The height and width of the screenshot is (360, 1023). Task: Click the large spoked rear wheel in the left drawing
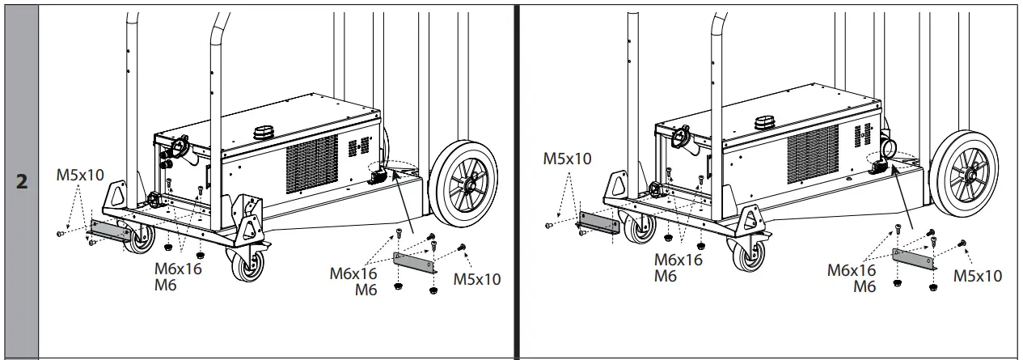pyautogui.click(x=463, y=185)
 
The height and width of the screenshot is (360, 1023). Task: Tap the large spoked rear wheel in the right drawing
pyautogui.click(x=966, y=177)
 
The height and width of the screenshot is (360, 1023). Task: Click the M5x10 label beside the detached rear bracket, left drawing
pyautogui.click(x=476, y=279)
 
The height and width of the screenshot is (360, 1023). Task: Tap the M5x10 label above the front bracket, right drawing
pyautogui.click(x=568, y=159)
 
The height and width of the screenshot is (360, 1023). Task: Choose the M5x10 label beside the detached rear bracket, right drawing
pyautogui.click(x=977, y=276)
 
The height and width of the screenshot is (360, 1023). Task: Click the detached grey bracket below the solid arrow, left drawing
pyautogui.click(x=413, y=262)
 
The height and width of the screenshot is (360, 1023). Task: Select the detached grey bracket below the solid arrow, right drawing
pyautogui.click(x=914, y=259)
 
